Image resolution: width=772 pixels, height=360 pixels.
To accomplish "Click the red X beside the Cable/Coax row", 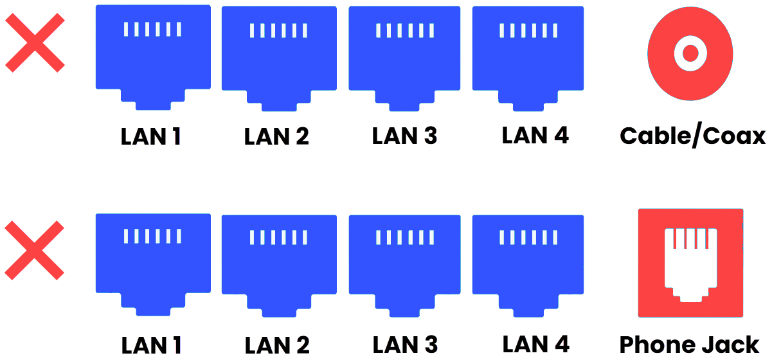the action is click(35, 43).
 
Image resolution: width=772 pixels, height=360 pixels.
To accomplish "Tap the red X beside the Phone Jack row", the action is click(35, 250).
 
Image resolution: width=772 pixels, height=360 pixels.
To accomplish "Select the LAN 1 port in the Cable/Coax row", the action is click(153, 51).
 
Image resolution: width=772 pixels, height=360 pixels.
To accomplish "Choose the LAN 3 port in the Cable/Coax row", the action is click(405, 51).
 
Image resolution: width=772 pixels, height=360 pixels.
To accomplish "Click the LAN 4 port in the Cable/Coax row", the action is click(528, 51).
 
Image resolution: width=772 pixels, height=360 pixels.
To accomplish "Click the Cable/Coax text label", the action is click(692, 136).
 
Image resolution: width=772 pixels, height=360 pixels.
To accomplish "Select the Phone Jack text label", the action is click(689, 345).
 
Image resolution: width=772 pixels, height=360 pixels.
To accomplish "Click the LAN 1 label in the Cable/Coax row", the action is click(151, 136).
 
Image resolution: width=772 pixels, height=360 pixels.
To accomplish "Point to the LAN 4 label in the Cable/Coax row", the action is click(535, 135).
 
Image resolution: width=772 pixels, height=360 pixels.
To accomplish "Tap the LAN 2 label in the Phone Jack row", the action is click(277, 345).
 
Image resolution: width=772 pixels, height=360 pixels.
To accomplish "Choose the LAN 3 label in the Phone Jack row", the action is click(405, 345).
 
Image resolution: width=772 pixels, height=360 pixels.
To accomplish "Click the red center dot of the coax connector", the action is click(690, 53).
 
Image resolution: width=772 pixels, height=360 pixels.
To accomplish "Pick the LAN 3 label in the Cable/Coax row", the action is click(404, 136).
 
